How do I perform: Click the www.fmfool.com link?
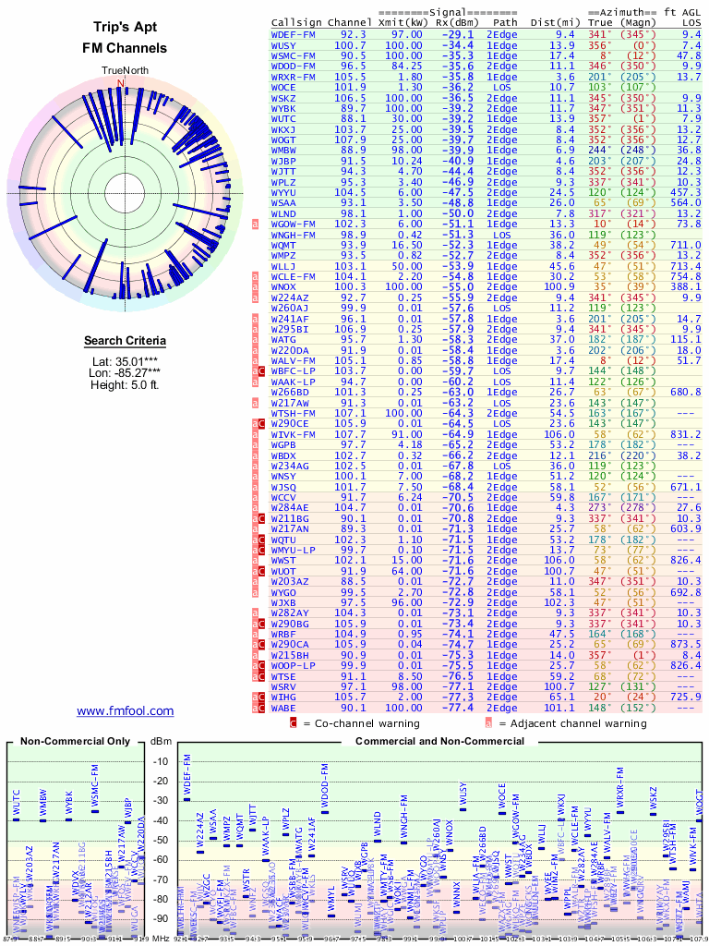125,710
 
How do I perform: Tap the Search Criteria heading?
125,341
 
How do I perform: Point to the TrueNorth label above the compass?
120,70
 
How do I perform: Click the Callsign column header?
297,21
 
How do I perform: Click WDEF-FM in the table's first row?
294,33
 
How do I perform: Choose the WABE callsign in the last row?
284,708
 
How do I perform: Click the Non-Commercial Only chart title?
77,741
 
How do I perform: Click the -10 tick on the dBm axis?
161,761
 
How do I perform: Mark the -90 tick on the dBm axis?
161,918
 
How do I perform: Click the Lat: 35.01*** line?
125,361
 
